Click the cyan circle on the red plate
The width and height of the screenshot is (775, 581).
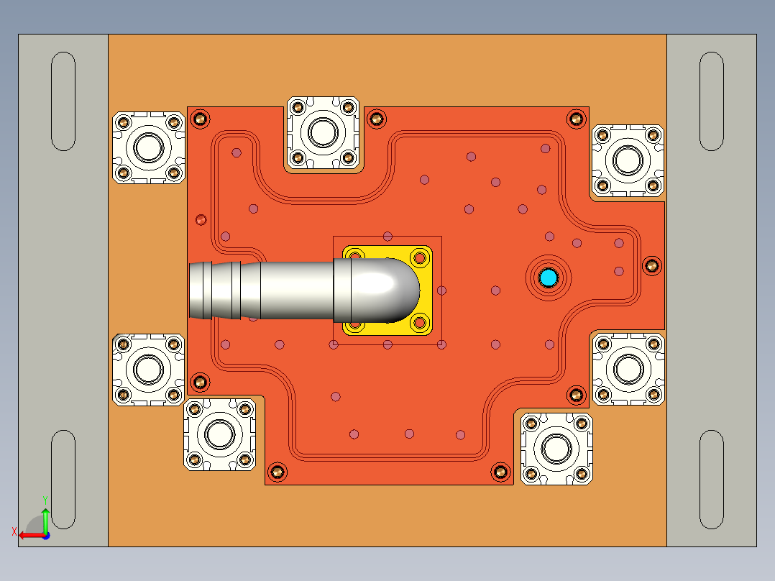(549, 278)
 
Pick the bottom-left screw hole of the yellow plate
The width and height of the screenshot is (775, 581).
(354, 324)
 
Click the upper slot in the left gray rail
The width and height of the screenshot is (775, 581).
(64, 101)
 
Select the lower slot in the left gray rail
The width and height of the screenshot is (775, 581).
(64, 480)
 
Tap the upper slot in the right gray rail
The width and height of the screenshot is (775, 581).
(711, 101)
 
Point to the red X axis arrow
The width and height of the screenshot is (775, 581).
(27, 535)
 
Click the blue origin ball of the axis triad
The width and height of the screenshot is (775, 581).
(45, 535)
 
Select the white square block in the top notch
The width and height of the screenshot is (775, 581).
(323, 132)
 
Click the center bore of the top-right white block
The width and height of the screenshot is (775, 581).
(628, 160)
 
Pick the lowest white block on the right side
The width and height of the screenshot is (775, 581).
(556, 449)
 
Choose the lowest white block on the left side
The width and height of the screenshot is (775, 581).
(219, 434)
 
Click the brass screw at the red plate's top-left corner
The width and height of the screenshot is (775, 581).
(201, 119)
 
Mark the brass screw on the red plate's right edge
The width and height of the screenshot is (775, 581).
(651, 265)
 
